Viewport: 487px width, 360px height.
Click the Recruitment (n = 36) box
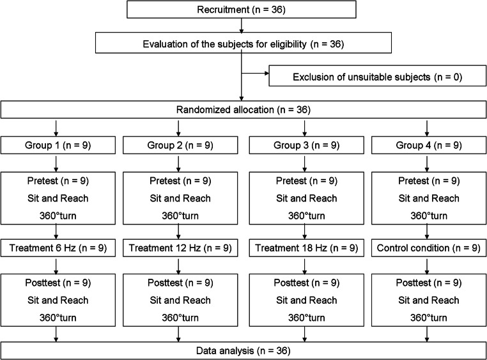pyautogui.click(x=241, y=10)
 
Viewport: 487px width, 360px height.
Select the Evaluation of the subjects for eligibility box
pyautogui.click(x=241, y=43)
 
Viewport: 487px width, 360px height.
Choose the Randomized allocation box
pyautogui.click(x=243, y=109)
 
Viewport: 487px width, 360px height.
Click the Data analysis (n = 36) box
pyautogui.click(x=243, y=350)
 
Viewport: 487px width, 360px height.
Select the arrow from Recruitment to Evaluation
pyautogui.click(x=241, y=26)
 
